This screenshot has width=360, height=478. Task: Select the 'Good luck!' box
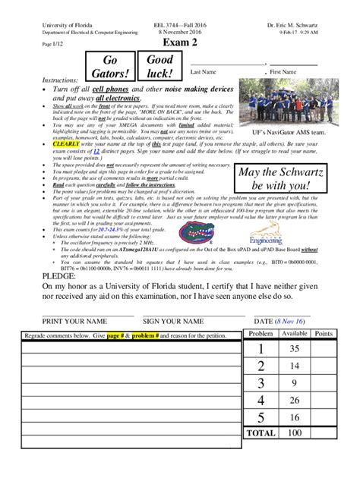coord(160,66)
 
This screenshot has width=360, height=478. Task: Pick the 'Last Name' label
coord(204,72)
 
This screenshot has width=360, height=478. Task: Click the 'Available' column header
coord(295,334)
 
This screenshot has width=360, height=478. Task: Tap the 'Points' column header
coord(324,334)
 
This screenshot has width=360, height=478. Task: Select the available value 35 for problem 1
coord(295,349)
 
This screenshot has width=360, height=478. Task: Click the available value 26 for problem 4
coord(295,399)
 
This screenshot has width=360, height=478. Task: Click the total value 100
coord(295,432)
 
